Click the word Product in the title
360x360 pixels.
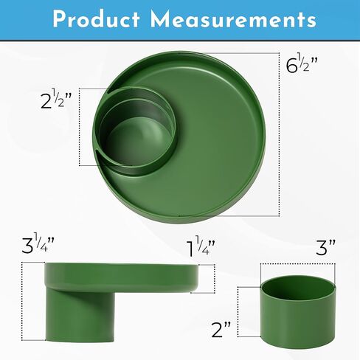(x=96, y=19)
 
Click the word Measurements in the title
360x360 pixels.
(x=233, y=19)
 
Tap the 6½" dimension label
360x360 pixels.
(x=302, y=65)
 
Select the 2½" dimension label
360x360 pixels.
(x=56, y=99)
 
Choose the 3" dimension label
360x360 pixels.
(x=325, y=247)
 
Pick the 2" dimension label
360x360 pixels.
(x=221, y=330)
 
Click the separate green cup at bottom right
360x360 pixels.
(x=298, y=311)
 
